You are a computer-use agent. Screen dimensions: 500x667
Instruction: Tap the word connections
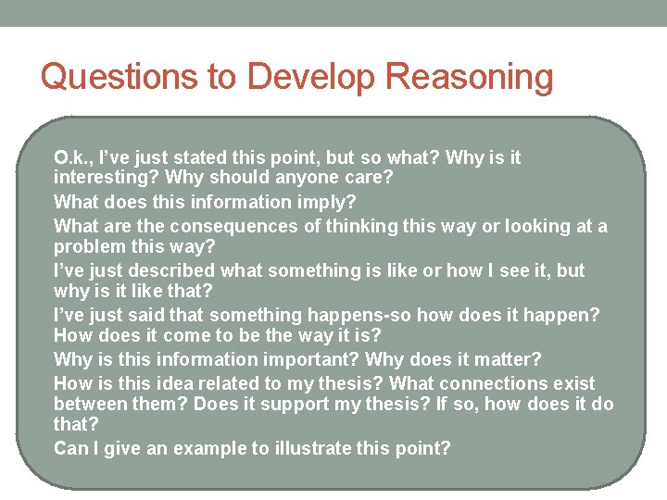[x=497, y=384]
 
